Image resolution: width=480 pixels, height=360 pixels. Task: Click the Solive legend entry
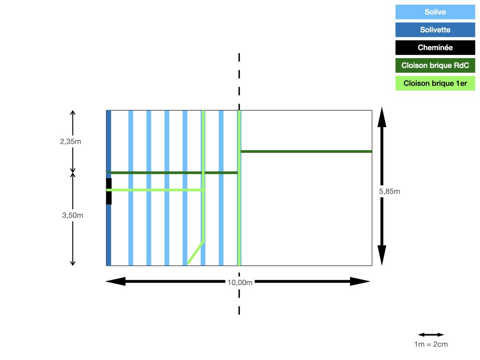tap(435, 12)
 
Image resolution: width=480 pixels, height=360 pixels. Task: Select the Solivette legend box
tap(435, 30)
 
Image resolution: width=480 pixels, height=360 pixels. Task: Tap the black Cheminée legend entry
tap(435, 47)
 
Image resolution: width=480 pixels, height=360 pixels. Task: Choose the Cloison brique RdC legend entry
tap(435, 65)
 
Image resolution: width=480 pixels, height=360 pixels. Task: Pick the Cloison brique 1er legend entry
tap(435, 83)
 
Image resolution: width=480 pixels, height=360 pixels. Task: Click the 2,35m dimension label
tap(70, 142)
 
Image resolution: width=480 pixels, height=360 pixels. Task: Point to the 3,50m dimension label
tap(73, 215)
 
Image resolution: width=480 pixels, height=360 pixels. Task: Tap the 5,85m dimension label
tap(390, 191)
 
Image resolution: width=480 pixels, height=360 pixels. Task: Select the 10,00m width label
tap(240, 283)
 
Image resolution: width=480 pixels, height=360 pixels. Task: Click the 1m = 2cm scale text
tap(431, 344)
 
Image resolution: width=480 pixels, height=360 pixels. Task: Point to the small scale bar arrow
tap(431, 335)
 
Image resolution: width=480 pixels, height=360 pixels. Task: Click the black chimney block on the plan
tap(109, 191)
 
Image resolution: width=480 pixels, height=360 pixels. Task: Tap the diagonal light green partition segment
tap(195, 253)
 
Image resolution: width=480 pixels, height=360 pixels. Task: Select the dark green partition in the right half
tap(306, 151)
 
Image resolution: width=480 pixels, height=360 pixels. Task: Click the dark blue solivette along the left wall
tap(109, 187)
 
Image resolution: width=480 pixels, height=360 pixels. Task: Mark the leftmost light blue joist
tap(131, 187)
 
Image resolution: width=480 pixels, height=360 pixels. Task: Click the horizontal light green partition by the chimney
tap(156, 190)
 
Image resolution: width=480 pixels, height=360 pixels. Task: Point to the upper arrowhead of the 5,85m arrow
tap(382, 117)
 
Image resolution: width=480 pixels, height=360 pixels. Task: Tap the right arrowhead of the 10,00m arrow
tap(360, 281)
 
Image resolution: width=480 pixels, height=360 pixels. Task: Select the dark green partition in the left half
tap(172, 172)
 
